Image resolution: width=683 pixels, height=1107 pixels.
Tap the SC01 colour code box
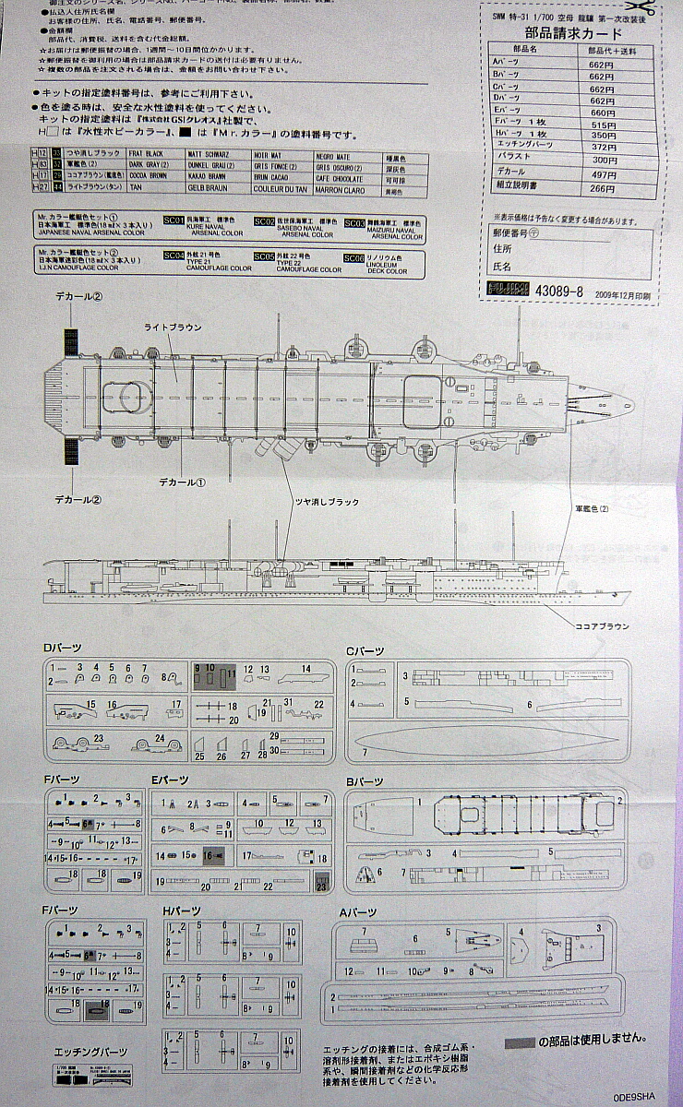[174, 221]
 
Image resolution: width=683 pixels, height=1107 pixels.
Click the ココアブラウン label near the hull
[601, 626]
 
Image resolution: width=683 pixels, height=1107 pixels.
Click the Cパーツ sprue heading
[365, 650]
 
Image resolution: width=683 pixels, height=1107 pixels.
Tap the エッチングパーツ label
[90, 1052]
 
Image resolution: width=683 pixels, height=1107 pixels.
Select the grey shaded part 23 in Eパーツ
[320, 883]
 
